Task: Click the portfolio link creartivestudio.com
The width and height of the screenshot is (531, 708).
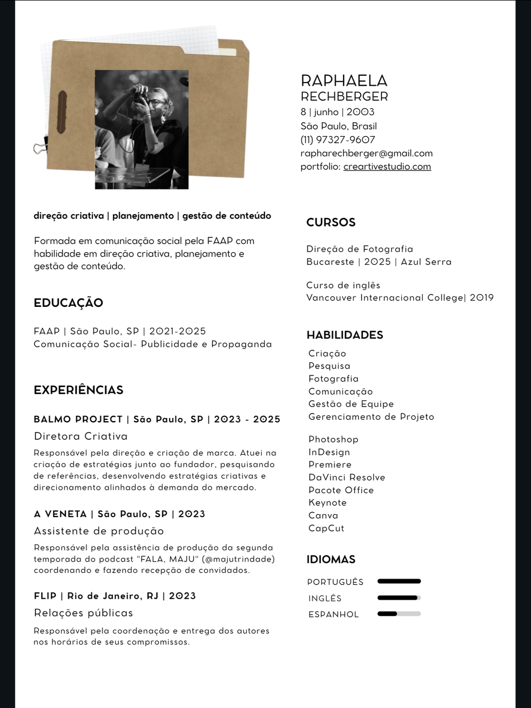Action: click(x=387, y=167)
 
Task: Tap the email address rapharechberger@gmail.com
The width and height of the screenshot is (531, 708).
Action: click(x=366, y=153)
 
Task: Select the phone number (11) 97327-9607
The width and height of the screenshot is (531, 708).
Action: click(x=338, y=140)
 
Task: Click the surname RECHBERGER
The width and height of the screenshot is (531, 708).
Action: click(x=344, y=97)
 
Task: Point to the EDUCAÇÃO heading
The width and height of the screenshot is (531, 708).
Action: click(x=68, y=303)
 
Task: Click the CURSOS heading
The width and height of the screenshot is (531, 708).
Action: click(x=331, y=223)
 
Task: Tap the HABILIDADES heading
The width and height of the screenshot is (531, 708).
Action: click(x=345, y=335)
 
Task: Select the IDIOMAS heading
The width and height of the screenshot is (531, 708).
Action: click(x=331, y=559)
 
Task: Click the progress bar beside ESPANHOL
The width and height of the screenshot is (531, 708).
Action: click(x=399, y=614)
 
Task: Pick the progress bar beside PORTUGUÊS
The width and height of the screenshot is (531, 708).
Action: click(x=399, y=582)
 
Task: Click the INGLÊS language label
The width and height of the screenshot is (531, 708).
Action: click(x=325, y=598)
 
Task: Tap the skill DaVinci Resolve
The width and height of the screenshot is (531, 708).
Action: click(x=347, y=477)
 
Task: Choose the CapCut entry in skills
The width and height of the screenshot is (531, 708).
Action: click(x=326, y=528)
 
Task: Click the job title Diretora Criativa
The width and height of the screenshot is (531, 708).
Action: click(x=81, y=436)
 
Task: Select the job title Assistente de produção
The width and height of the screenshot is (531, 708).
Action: click(x=99, y=531)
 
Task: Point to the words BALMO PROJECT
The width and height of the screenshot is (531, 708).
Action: click(x=78, y=419)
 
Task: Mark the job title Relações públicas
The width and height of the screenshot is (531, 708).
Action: click(x=83, y=613)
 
